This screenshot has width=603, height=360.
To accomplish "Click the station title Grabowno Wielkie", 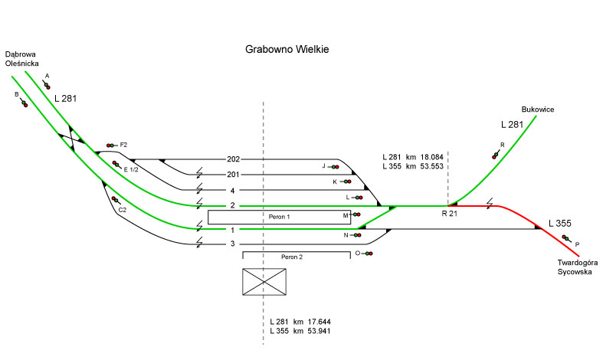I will [287, 50].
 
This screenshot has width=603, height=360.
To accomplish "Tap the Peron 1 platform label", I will [279, 217].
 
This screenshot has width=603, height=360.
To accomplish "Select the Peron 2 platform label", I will [290, 257].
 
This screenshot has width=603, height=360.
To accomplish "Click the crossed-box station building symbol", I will [265, 282].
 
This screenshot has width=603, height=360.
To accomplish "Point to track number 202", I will [234, 159].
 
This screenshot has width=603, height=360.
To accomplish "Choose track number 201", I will [234, 175].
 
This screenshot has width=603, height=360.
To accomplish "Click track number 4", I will [233, 190].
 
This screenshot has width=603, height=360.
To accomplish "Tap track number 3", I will [233, 244].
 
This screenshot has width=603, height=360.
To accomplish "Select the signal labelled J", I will [335, 166].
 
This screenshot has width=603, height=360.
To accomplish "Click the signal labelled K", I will [346, 182].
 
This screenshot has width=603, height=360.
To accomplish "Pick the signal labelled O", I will [369, 253].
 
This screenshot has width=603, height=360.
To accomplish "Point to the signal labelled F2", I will [112, 145].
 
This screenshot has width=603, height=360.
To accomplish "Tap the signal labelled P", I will [568, 240].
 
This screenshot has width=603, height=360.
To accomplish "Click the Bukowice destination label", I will [537, 110].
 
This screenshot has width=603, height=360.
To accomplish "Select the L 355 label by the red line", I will [560, 224].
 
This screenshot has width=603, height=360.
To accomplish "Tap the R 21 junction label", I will [451, 214].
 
